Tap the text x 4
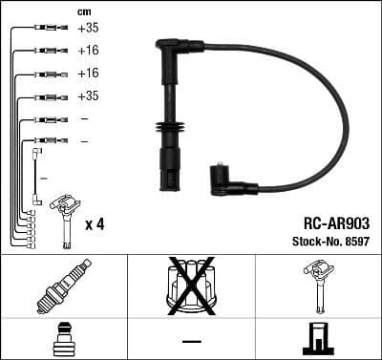coord(95,224)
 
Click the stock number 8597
coord(356,240)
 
